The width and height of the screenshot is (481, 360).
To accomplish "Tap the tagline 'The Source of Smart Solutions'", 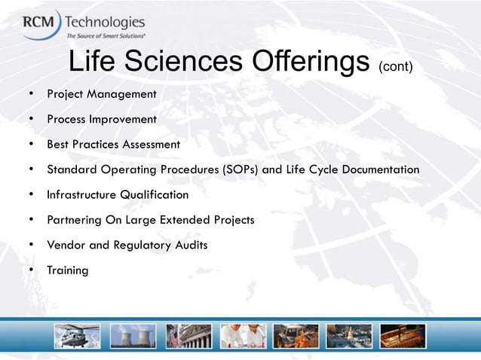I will tap(106, 35).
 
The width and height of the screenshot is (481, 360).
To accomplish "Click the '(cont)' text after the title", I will tap(396, 67).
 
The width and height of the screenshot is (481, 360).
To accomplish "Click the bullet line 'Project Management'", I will tap(101, 95).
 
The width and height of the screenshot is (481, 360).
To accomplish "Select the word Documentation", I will tap(381, 169).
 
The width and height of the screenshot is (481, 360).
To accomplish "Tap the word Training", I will tap(68, 270).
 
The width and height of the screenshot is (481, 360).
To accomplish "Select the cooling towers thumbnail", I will tap(133, 336).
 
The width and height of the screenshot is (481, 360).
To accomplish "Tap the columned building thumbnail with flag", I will tap(188, 336).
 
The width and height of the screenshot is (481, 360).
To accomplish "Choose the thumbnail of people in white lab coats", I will tap(243, 336).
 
